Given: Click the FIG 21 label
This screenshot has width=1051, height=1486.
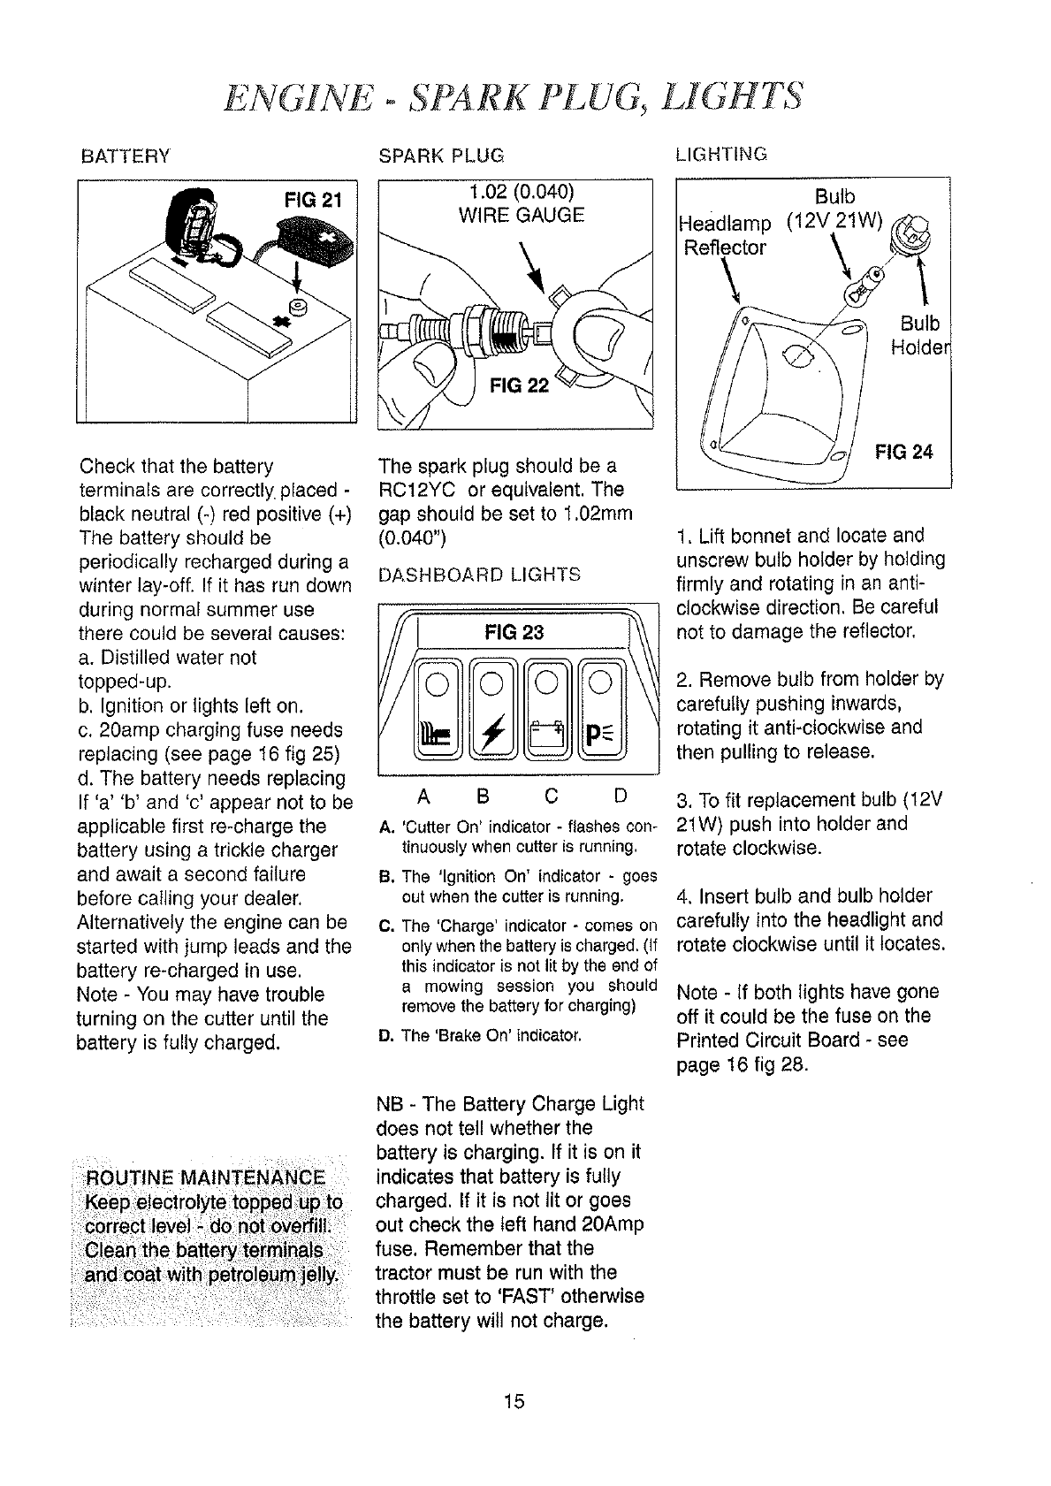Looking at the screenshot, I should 316,199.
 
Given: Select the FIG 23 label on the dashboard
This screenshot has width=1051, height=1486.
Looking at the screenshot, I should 514,631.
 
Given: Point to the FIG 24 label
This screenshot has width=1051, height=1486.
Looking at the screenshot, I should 903,453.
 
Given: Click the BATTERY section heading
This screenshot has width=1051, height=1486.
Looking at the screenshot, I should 125,157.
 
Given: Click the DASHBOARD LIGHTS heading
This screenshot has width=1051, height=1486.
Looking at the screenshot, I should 479,575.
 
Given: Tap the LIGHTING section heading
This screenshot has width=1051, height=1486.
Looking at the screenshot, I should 720,155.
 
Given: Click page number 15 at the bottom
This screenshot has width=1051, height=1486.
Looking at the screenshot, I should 514,1401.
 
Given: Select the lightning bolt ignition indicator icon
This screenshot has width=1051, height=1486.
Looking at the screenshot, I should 491,732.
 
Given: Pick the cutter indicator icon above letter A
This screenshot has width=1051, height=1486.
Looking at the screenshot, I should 436,732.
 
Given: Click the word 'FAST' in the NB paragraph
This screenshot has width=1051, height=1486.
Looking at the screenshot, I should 552,1297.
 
